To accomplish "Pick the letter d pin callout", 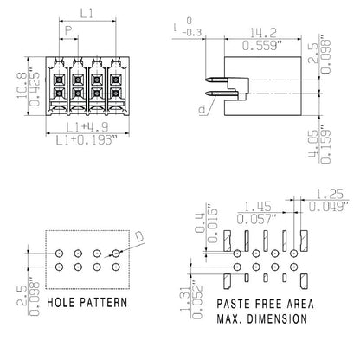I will [202, 110].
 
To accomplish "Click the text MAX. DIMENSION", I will [260, 318].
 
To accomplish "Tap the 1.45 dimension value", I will [256, 207].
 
